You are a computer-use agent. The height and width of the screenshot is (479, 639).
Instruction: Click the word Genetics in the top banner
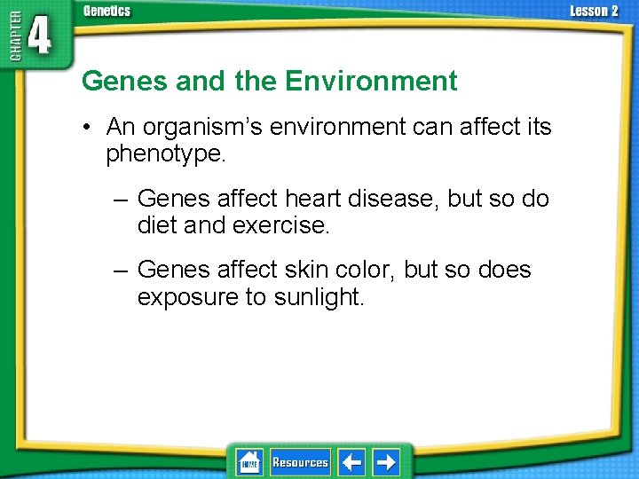pyautogui.click(x=106, y=11)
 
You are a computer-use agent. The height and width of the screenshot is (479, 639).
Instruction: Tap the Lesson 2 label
pyautogui.click(x=594, y=11)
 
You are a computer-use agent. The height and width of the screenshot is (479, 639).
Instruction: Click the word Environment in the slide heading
pyautogui.click(x=371, y=82)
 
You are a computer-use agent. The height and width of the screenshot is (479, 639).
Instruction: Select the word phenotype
pyautogui.click(x=165, y=154)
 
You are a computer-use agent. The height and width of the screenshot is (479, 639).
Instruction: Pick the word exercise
pyautogui.click(x=280, y=225)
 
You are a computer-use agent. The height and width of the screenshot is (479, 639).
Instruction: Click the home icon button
pyautogui.click(x=249, y=462)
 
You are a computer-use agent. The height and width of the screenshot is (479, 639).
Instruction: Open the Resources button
pyautogui.click(x=300, y=462)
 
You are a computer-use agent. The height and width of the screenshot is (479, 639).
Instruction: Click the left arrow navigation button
pyautogui.click(x=351, y=462)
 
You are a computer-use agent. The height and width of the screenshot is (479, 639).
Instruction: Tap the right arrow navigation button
pyautogui.click(x=386, y=462)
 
